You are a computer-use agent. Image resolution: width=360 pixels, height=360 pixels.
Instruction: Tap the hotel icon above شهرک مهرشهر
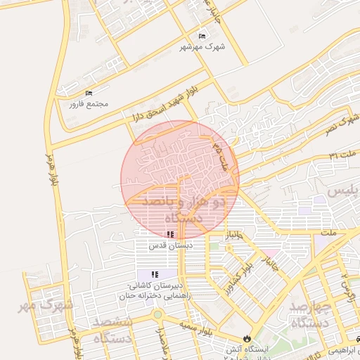coord(202,37)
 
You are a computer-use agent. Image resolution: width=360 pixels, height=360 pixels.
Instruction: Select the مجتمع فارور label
coord(89,104)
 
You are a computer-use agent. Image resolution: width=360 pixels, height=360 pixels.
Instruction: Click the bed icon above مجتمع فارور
coord(89,94)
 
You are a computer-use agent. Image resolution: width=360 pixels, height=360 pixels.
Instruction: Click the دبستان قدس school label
coord(170,246)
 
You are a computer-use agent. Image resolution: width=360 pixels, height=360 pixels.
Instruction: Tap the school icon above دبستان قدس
coord(170,235)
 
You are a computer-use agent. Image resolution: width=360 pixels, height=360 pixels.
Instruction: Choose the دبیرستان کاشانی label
coord(155,285)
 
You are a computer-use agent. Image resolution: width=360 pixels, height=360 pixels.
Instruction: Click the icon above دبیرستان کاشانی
coord(155,274)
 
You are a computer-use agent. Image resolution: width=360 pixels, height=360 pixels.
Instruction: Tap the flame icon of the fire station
coord(246,339)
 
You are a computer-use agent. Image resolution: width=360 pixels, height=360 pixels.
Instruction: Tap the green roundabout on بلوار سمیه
coord(157,315)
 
